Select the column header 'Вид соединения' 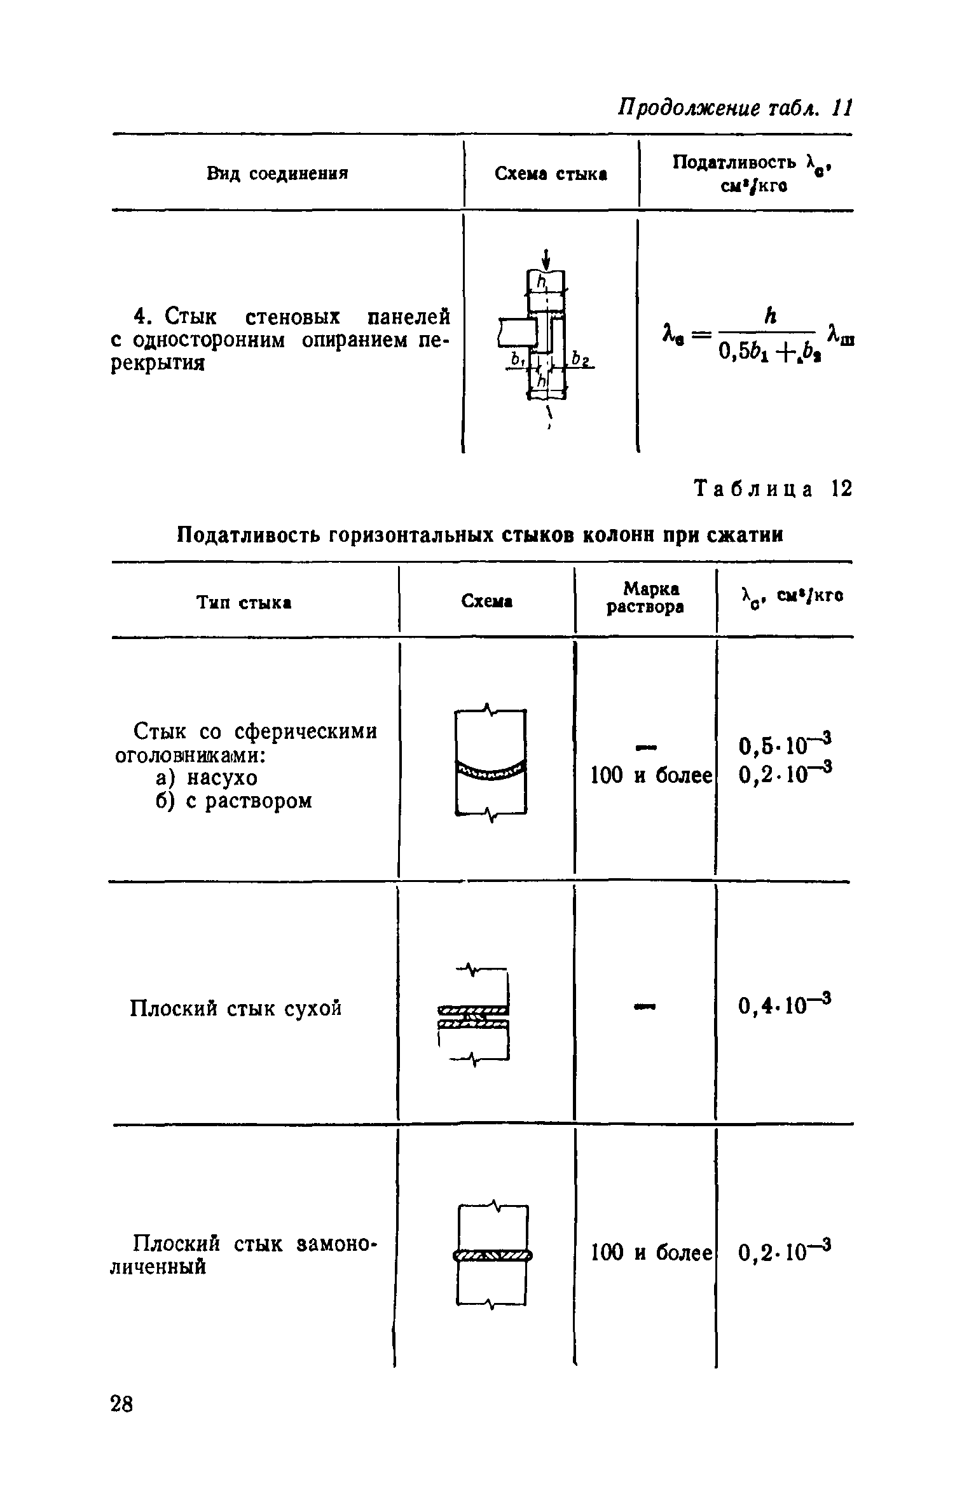tap(278, 174)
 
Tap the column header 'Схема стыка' tap(551, 174)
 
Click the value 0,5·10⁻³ tap(786, 743)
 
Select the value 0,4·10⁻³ tap(786, 1005)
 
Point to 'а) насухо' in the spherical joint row tap(207, 778)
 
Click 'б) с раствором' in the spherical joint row tap(234, 801)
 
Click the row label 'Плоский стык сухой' tap(236, 1008)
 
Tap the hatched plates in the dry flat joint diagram tap(474, 1016)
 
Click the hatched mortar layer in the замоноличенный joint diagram tap(492, 1255)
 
